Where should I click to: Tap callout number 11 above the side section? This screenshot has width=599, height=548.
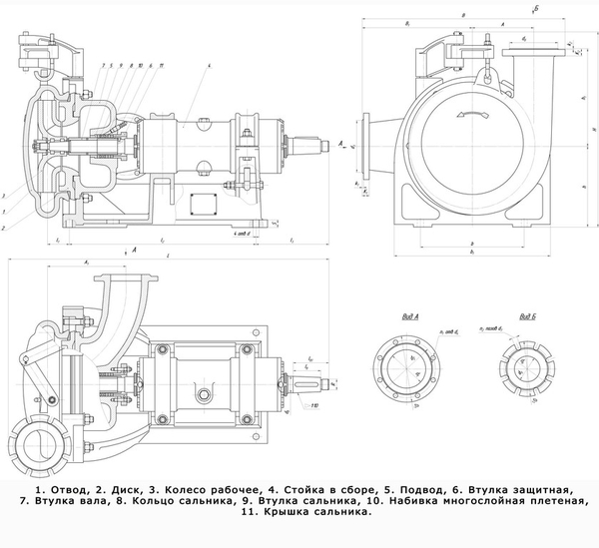[162, 63]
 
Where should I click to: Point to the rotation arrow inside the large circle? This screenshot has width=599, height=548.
[471, 116]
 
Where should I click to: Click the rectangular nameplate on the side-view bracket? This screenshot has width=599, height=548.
[212, 201]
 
